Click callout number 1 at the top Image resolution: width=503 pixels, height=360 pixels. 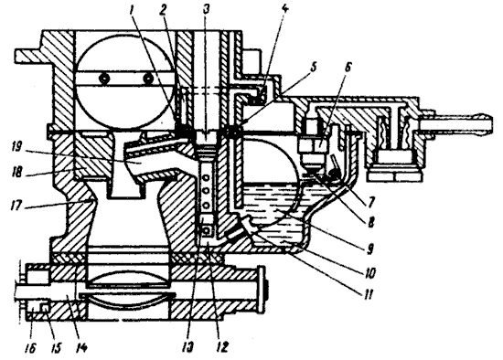pyautogui.click(x=131, y=10)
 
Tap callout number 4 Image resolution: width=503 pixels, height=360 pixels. pyautogui.click(x=284, y=10)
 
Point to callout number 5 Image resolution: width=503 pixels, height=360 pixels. pyautogui.click(x=314, y=67)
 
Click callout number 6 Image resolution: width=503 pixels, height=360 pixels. pyautogui.click(x=348, y=67)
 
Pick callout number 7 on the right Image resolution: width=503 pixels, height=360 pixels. pyautogui.click(x=371, y=201)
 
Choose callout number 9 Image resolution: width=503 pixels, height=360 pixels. pyautogui.click(x=369, y=248)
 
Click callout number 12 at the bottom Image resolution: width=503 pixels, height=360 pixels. pyautogui.click(x=222, y=346)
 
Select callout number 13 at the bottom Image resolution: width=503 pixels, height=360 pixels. pyautogui.click(x=187, y=346)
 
